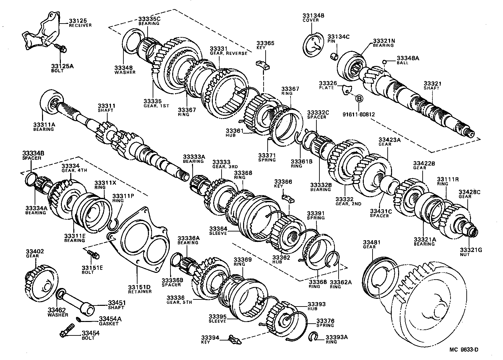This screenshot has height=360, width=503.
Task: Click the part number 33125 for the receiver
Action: point(76,21)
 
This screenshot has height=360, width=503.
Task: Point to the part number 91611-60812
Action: point(359,114)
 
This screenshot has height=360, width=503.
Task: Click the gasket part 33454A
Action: point(78,319)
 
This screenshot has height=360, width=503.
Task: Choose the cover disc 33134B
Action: point(313,45)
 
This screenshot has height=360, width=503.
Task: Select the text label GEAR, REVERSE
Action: point(228,53)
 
